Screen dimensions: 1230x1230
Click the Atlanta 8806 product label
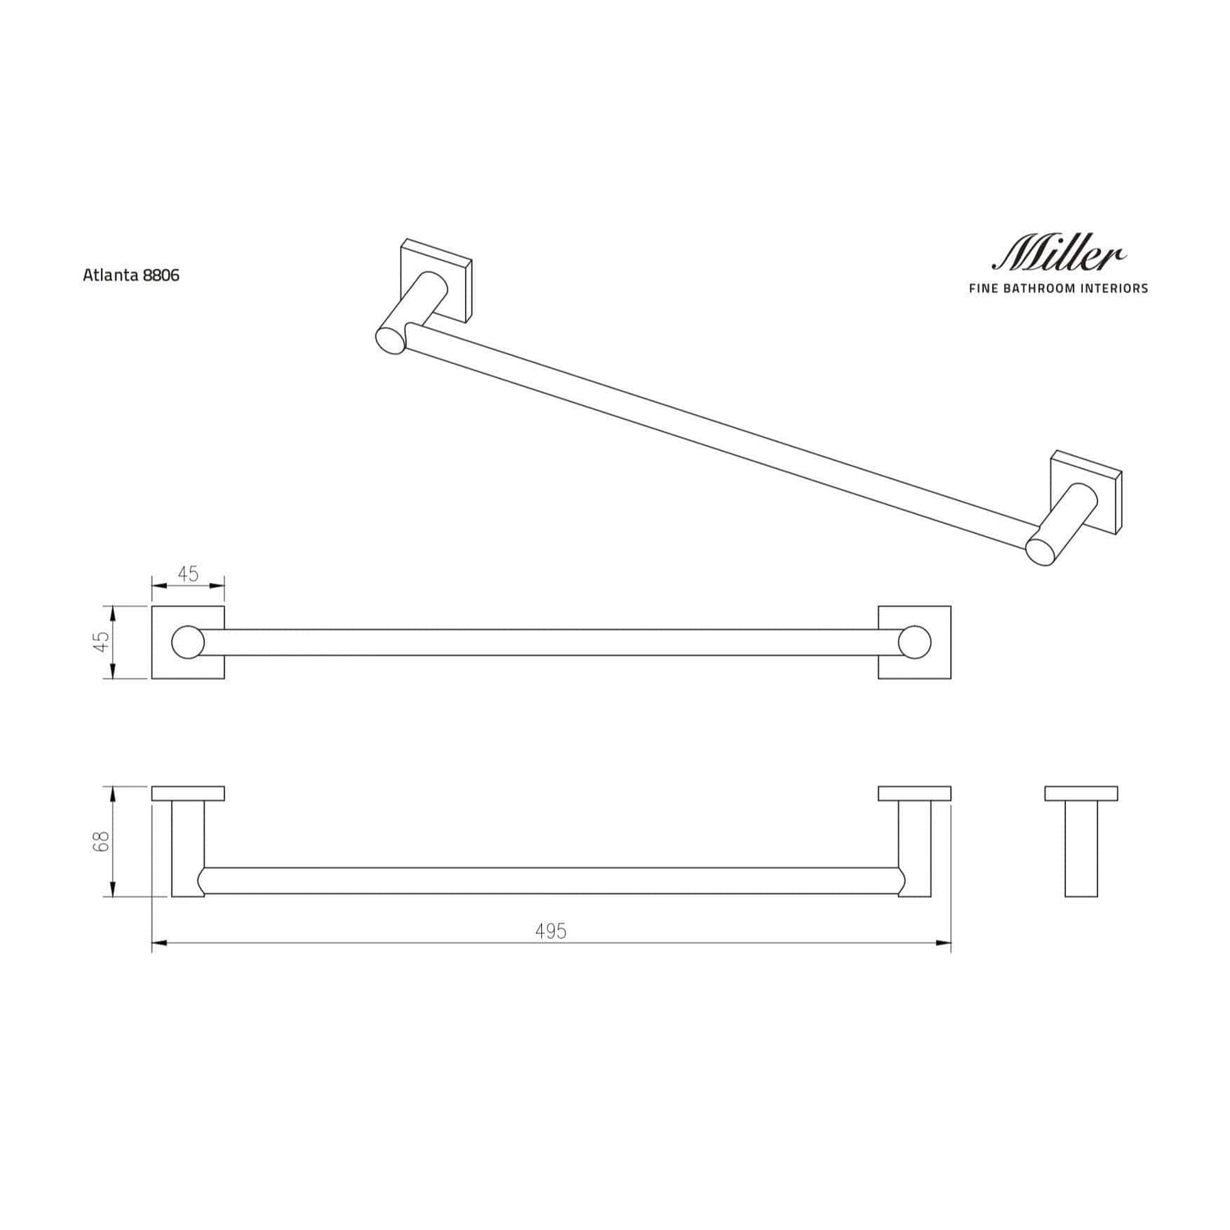tap(131, 276)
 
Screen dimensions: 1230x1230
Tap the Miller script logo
tap(1059, 253)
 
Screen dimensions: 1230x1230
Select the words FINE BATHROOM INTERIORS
tap(1059, 289)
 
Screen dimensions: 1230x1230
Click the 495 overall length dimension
tap(551, 932)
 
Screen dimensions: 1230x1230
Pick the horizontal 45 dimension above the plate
tap(189, 574)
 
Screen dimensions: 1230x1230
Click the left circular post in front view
tap(188, 642)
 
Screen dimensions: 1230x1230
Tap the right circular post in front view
tap(914, 642)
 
